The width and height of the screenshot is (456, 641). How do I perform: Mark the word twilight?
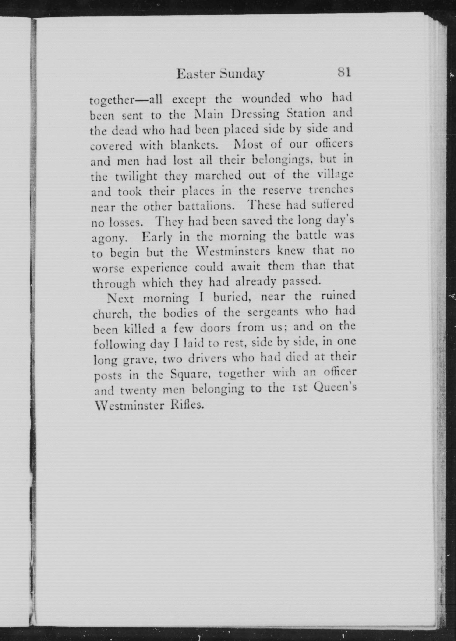(136, 177)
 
